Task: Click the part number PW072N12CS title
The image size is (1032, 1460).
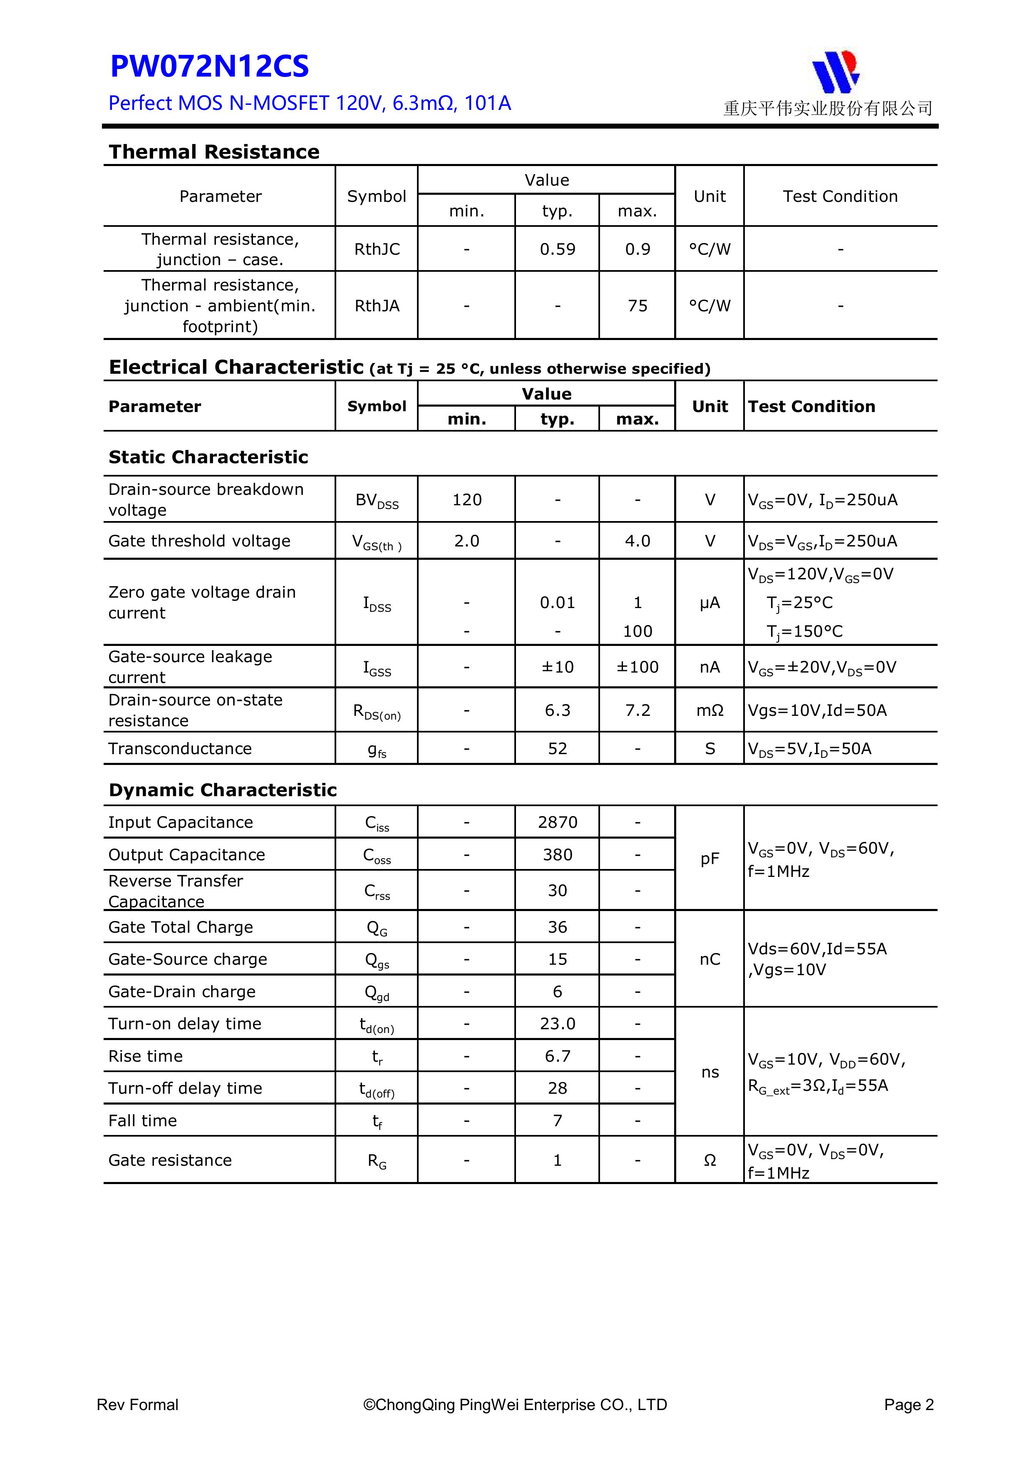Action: point(209,67)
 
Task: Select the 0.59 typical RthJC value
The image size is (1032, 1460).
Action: point(557,249)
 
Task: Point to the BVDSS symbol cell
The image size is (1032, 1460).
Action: point(377,500)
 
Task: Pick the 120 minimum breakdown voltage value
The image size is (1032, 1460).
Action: point(467,500)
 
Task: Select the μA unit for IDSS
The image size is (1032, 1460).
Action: point(709,603)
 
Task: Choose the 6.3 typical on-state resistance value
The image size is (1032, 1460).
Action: point(557,710)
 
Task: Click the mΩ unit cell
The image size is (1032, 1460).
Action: point(709,710)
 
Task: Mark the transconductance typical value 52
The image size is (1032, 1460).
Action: point(557,748)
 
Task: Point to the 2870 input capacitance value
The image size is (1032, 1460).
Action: point(557,822)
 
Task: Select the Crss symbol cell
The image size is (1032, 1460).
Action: point(377,891)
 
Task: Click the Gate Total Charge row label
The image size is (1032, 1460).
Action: point(181,927)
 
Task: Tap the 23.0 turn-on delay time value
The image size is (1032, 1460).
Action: point(557,1024)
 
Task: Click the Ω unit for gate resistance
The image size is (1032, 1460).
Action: point(709,1160)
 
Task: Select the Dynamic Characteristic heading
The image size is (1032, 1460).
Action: point(223,790)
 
